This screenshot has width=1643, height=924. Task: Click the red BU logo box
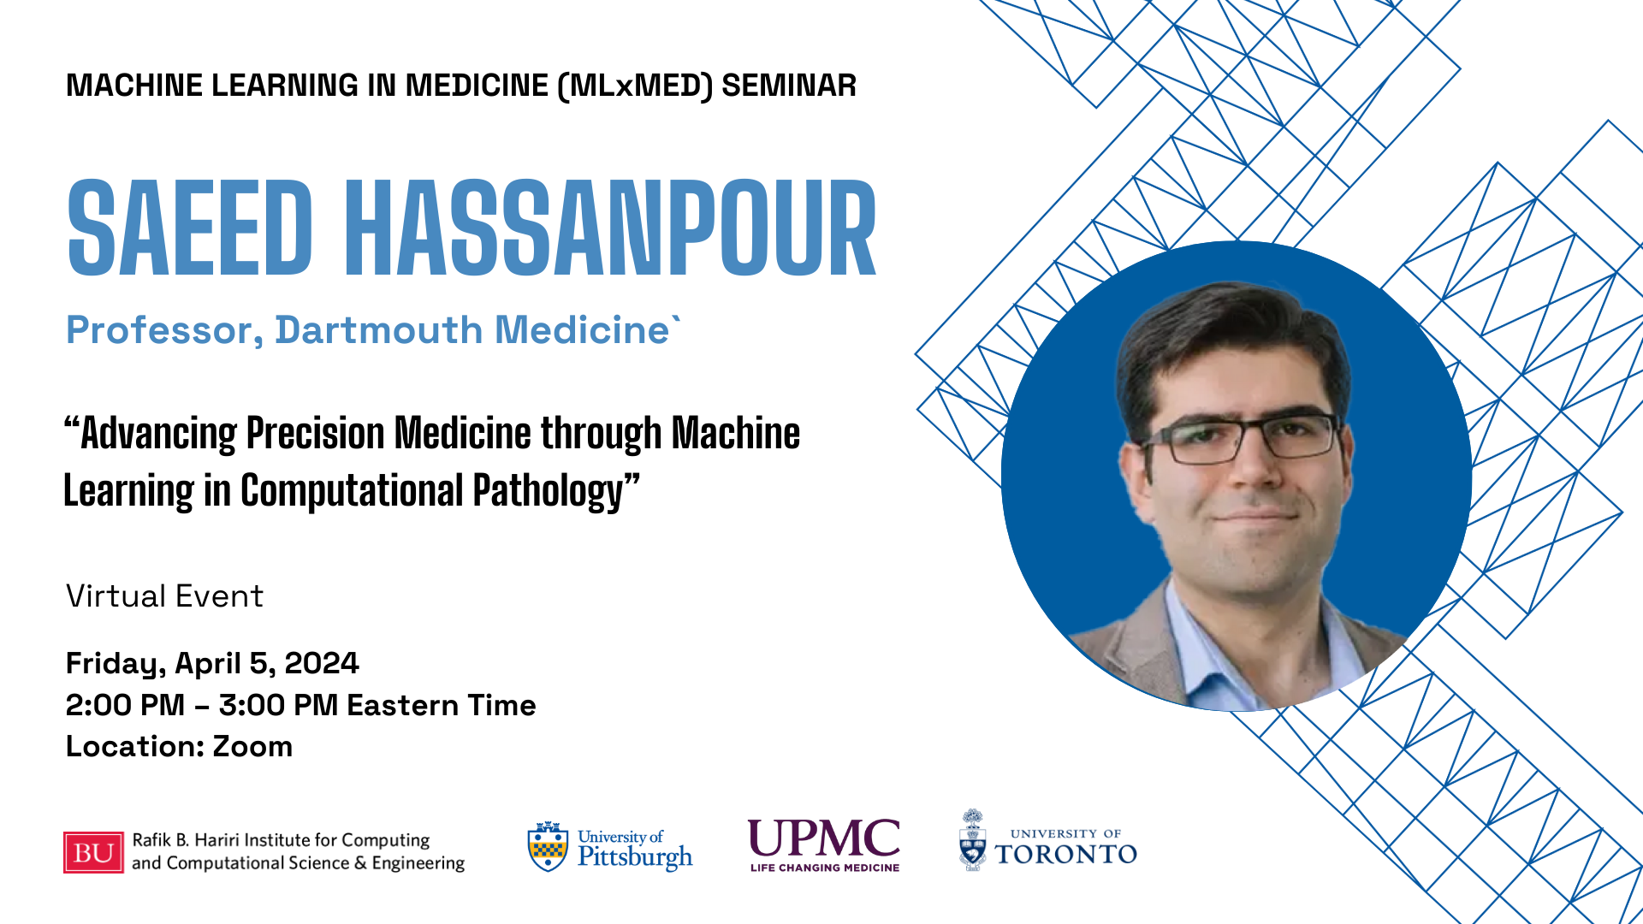click(93, 852)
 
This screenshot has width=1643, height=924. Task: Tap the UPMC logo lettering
click(824, 838)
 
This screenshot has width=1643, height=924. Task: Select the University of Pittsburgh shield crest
click(548, 847)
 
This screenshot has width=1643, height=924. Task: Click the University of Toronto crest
click(972, 840)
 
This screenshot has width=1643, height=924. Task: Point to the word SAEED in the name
click(190, 228)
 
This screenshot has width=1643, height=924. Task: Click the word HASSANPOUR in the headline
click(611, 228)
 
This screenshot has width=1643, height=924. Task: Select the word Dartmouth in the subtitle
click(379, 330)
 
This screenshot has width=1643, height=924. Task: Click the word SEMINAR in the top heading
click(789, 86)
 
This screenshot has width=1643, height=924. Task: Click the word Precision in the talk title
click(315, 433)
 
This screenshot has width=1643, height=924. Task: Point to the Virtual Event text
click(164, 596)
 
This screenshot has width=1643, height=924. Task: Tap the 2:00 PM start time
click(125, 705)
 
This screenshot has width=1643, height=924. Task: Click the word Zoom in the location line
click(252, 746)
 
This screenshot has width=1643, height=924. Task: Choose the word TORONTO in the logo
click(1065, 854)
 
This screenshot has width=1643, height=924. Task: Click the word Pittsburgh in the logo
click(635, 857)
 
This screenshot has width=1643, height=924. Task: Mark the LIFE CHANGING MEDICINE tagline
click(825, 868)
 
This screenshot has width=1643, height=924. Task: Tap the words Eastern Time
click(442, 705)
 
